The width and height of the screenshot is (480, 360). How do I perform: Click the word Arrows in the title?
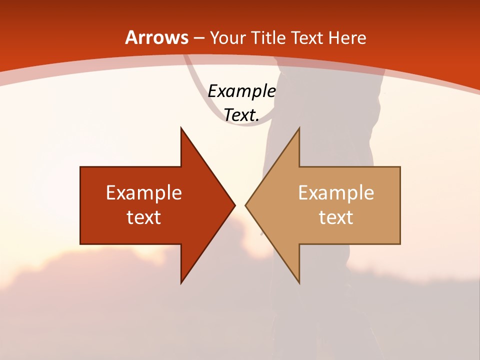tap(156, 37)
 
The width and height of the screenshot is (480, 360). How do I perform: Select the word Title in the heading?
tap(269, 38)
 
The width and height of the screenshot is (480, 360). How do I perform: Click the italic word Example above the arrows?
tap(241, 91)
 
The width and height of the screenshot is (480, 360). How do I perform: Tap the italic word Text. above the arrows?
tap(241, 115)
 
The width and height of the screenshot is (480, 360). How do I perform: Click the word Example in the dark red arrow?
tap(144, 193)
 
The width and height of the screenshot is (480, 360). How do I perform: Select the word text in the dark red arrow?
tap(144, 217)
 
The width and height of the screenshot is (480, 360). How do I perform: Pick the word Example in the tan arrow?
tap(336, 193)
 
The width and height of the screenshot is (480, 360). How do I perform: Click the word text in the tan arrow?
tap(336, 217)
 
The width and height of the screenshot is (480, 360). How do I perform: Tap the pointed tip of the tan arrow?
tap(247, 205)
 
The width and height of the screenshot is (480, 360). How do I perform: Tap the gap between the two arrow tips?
tap(240, 205)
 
